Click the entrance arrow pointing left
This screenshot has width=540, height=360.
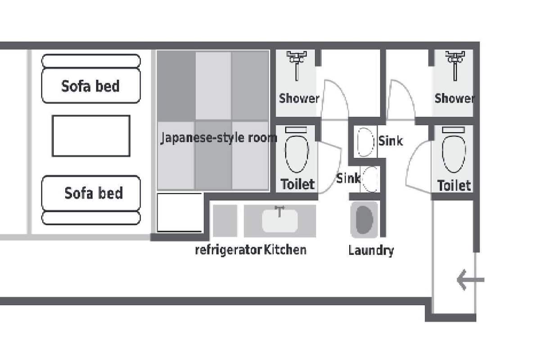coord(470,280)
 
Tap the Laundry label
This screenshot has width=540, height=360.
coord(371,251)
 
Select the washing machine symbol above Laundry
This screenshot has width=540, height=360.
coord(364,220)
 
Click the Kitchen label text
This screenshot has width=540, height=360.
coord(285,250)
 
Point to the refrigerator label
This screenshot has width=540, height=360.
coord(228,250)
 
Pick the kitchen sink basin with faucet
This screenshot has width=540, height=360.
coord(279,220)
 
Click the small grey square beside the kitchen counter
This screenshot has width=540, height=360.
coord(225,220)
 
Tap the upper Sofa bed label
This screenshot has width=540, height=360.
coord(90,86)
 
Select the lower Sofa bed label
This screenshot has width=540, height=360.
coord(94,193)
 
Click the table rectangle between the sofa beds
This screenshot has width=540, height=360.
coord(91,136)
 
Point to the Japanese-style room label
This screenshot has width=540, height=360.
coord(219,138)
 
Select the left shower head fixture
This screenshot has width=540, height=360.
coord(297,65)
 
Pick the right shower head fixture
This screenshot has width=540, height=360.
coord(455,65)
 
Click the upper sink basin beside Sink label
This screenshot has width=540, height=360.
coord(365,142)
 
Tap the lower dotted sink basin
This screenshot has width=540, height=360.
coord(370,179)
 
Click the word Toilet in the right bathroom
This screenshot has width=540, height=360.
coord(454,185)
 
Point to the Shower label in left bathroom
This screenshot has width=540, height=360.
coord(299,99)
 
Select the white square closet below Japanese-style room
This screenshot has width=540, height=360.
coord(180,212)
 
